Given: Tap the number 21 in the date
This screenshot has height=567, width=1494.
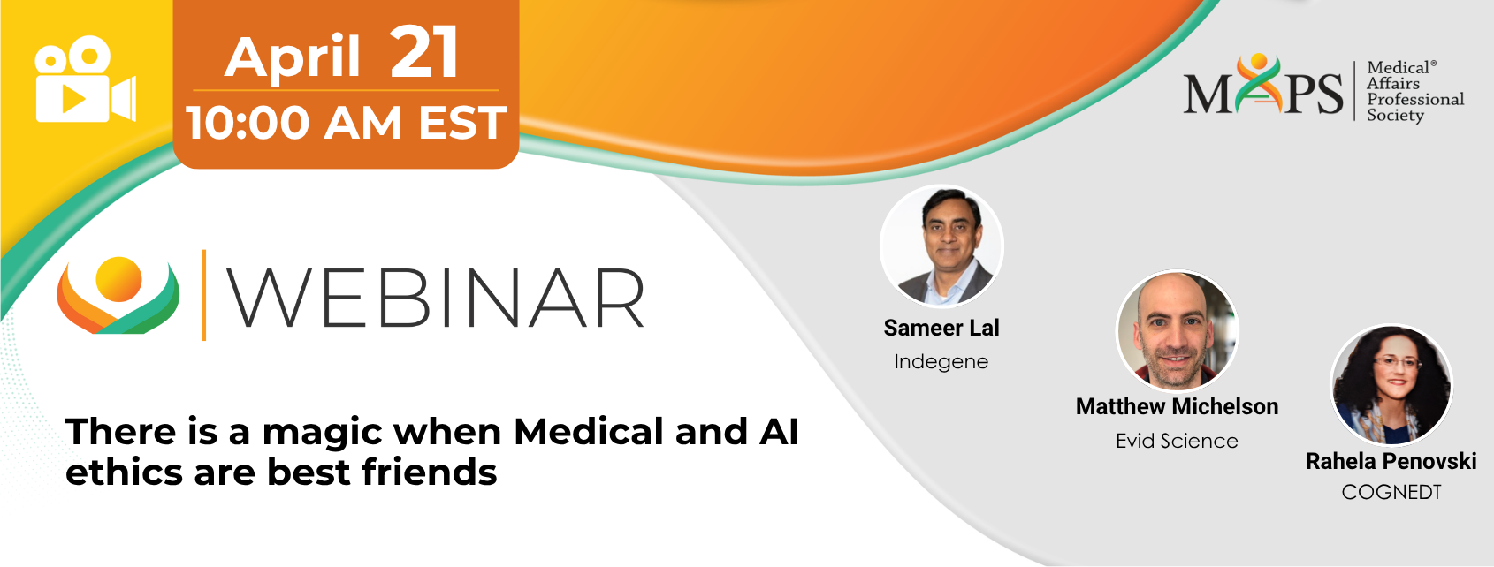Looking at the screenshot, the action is pyautogui.click(x=424, y=53).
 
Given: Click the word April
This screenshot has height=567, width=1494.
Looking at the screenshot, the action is pyautogui.click(x=292, y=58).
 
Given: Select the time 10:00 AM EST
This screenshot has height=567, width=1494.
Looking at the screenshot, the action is pyautogui.click(x=346, y=123).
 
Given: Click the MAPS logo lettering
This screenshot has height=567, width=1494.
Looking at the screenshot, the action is pyautogui.click(x=1263, y=86).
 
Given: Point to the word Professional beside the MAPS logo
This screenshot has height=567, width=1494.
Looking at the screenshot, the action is pyautogui.click(x=1415, y=99).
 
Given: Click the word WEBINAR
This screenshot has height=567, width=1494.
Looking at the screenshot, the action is pyautogui.click(x=436, y=298).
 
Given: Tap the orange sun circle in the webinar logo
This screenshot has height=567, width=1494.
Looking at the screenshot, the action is pyautogui.click(x=118, y=279).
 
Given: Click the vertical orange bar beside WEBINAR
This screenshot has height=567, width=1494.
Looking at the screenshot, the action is pyautogui.click(x=203, y=294).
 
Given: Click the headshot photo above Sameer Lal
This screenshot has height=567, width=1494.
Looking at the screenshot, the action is pyautogui.click(x=941, y=246).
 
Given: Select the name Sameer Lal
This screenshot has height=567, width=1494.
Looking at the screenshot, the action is pyautogui.click(x=941, y=328).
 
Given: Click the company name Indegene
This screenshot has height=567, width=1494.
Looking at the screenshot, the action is pyautogui.click(x=941, y=362).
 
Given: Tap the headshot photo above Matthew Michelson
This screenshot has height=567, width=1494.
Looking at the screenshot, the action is pyautogui.click(x=1178, y=330).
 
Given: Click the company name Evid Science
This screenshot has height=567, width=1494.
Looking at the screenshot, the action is pyautogui.click(x=1178, y=441).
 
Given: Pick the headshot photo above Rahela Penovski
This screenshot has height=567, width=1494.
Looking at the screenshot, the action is pyautogui.click(x=1391, y=385).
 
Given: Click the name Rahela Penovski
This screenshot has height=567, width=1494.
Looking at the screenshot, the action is pyautogui.click(x=1391, y=461).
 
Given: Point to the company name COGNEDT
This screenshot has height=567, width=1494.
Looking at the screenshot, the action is pyautogui.click(x=1391, y=493).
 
